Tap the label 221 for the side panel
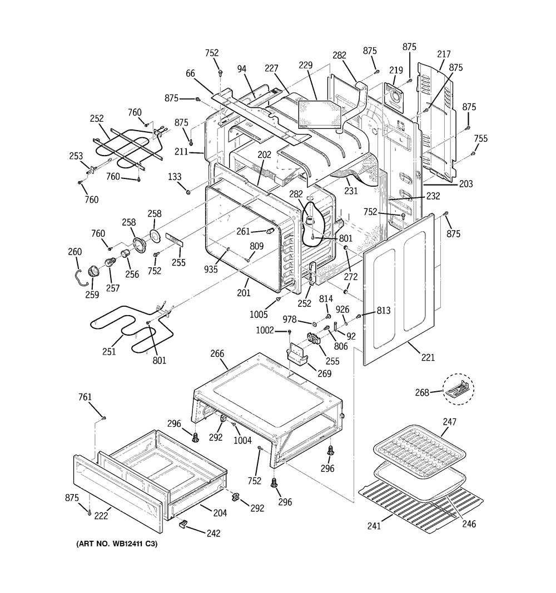pos(428,357)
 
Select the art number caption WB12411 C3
pos(116,544)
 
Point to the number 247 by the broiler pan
pos(449,422)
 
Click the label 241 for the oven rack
pos(374,526)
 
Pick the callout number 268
pos(422,392)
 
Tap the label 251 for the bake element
pos(110,351)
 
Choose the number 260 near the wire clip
pos(75,252)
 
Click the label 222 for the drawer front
pos(101,516)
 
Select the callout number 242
pos(213,534)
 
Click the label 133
pos(175,177)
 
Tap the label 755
pos(481,138)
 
